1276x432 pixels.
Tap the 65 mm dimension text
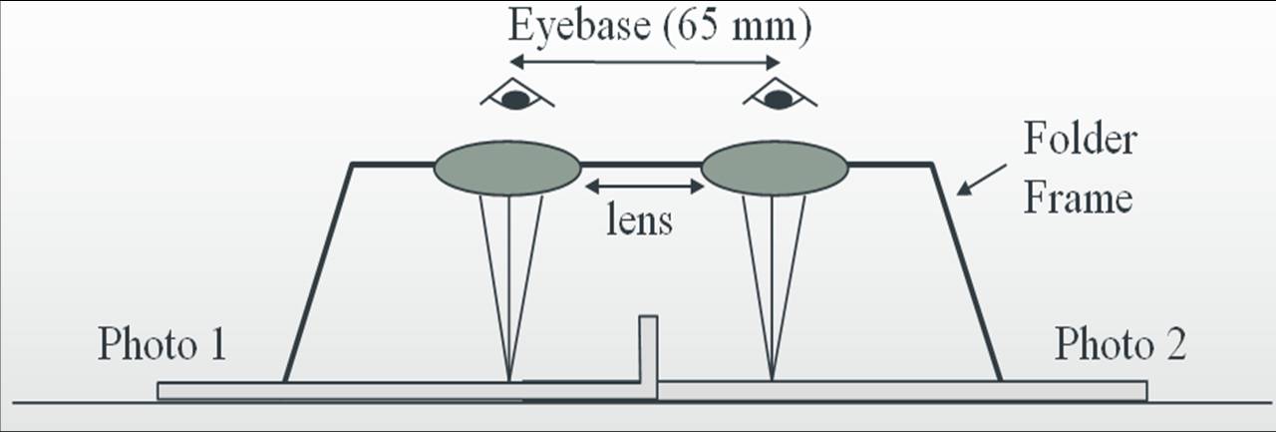(737, 27)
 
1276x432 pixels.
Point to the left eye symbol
(516, 94)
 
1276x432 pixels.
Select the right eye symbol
(780, 94)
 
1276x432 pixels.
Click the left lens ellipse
(507, 169)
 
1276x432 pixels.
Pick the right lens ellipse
(775, 169)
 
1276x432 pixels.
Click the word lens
(639, 219)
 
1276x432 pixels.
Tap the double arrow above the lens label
(645, 186)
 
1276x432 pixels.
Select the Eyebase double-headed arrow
(645, 62)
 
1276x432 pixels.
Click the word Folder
(1080, 139)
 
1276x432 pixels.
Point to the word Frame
(1078, 199)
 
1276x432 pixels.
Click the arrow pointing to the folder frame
(982, 181)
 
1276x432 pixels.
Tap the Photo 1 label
(162, 343)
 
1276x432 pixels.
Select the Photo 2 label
(1120, 343)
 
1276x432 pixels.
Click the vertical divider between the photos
(648, 356)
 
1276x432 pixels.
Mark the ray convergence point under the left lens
(509, 380)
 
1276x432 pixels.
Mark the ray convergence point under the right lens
(772, 380)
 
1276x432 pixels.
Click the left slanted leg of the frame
(318, 273)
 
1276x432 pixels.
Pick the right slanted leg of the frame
(966, 273)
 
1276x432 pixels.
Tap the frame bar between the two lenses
(641, 165)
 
